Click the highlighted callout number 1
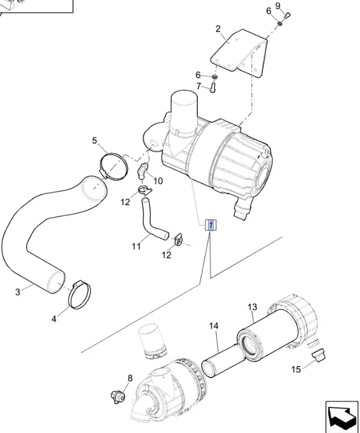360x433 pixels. pos(210,226)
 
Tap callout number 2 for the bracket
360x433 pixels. pos(219,29)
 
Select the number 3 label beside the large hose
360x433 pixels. pos(18,292)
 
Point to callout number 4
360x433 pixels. pos(54,319)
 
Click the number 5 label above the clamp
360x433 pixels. pos(95,141)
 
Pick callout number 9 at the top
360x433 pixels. pos(278,6)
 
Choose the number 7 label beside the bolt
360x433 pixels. pos(198,86)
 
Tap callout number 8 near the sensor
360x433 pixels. pos(129,378)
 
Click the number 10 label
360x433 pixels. pos(158,181)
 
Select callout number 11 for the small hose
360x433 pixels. pos(136,246)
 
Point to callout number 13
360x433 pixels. pos(252,307)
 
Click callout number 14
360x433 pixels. pos(214,326)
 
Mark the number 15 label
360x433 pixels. pos(296,370)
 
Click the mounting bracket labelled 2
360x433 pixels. pos(240,54)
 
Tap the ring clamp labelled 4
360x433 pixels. pos(80,295)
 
